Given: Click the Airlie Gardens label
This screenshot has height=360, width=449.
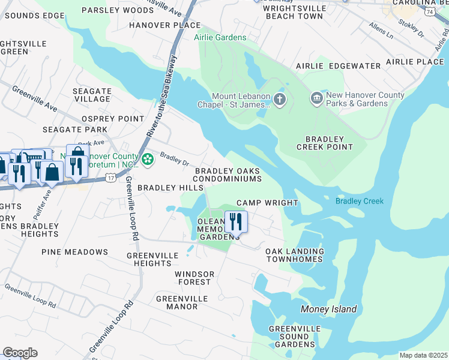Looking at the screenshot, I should [220, 37].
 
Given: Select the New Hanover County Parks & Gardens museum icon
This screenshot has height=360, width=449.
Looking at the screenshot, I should [316, 98].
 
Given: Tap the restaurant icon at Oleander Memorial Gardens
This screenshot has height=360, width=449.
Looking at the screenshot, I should [236, 221].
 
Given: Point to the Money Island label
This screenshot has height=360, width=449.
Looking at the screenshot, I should [328, 310].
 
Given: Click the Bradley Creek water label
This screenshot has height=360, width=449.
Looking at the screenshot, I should [359, 201].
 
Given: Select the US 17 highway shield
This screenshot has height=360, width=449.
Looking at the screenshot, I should [110, 178].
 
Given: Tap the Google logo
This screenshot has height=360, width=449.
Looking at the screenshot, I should [20, 353].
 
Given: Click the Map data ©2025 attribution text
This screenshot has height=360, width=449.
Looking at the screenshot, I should [423, 355].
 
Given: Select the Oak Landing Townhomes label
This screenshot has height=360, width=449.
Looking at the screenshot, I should [295, 255].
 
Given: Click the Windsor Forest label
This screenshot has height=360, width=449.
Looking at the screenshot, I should [193, 278].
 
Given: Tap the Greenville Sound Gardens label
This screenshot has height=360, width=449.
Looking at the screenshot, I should [292, 337].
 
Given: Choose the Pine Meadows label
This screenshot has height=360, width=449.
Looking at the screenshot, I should [74, 252].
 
